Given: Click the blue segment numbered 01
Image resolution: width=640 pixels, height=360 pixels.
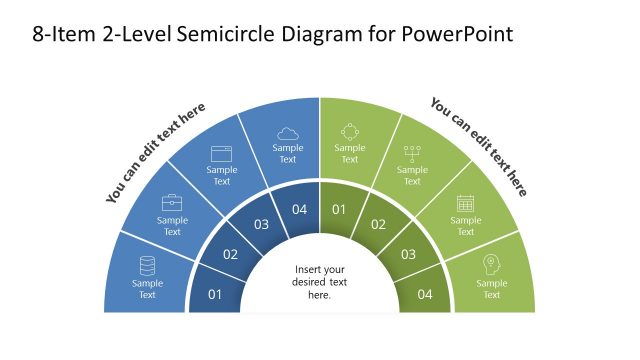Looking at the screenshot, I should coord(215,294).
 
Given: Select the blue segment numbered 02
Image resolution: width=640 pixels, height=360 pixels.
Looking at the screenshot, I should coord(230,254).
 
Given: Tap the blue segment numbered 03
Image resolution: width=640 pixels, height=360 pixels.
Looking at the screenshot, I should coord(261,224).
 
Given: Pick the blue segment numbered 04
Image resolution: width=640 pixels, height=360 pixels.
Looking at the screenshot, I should coord(299,209).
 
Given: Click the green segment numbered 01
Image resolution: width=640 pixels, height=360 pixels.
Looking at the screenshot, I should coord(339,209).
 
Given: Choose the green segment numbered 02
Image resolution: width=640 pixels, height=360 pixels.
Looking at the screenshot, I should coord(378,224).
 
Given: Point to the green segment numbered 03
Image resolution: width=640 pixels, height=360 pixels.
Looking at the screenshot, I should coord(408,254).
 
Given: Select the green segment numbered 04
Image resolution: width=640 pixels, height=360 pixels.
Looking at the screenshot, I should coord(424,294).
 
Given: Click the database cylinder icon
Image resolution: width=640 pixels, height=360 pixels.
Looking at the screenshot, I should coord(147,266).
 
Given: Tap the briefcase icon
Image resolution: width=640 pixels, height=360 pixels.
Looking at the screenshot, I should coord(172,203).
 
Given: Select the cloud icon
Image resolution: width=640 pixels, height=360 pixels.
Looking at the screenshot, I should coord(288,133).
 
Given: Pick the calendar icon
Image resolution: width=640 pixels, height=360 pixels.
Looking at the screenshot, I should coord(465,203).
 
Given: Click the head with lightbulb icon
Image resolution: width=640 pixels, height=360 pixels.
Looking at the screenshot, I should coord(491,265).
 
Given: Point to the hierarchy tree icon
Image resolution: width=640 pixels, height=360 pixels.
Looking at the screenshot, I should coord(412,153).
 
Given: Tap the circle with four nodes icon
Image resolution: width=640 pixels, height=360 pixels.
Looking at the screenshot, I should coord(349,132).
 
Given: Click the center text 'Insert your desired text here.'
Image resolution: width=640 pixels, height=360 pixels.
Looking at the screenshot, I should coord(320,282).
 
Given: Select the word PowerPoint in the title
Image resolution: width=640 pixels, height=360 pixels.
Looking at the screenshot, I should coord(458,34).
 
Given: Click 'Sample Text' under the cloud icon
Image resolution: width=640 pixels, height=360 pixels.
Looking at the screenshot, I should coord(288,153).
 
